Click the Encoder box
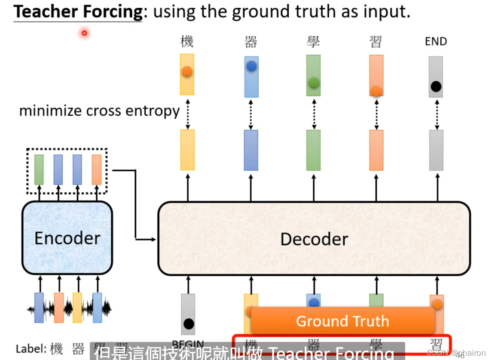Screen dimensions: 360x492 [x=67, y=238]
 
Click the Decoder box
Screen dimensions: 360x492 [x=314, y=239]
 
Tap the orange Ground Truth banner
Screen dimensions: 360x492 [x=342, y=321]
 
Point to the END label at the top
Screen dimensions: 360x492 [x=436, y=41]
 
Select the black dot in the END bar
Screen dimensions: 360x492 [x=436, y=87]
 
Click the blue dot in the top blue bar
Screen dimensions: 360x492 [x=251, y=66]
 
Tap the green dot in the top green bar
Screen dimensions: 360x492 [x=314, y=82]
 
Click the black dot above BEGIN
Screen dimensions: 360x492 [x=188, y=324]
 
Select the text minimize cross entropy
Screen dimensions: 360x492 [x=99, y=111]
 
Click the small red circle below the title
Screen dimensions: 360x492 [x=84, y=33]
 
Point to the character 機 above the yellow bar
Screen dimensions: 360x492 [x=187, y=42]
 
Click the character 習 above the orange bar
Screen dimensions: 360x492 [x=376, y=42]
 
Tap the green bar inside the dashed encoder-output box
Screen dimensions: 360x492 [x=39, y=169]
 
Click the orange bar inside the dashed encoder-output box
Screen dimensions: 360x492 [x=97, y=169]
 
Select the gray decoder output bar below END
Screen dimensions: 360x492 [x=436, y=150]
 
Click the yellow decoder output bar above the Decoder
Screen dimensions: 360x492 [x=187, y=150]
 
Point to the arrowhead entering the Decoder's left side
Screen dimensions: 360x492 [x=154, y=239]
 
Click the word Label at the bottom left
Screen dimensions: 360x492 [x=31, y=348]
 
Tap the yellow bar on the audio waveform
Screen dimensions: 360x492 [x=77, y=307]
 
